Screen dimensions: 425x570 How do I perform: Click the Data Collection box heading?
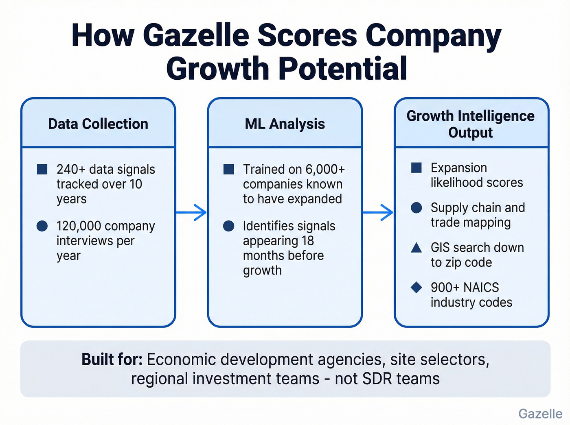(x=98, y=124)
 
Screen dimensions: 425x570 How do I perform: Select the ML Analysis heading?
(x=285, y=124)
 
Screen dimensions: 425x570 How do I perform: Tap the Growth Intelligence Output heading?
(x=471, y=124)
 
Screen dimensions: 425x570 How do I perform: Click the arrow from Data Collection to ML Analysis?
(x=191, y=212)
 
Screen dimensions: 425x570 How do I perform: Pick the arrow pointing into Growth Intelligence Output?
(x=378, y=212)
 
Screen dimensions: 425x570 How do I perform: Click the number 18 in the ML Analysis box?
(x=307, y=241)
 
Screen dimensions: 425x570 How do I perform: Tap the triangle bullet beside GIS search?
(x=416, y=247)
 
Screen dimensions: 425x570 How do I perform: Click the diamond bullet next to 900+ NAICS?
(x=416, y=288)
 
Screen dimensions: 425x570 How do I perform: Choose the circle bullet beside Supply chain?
(x=416, y=208)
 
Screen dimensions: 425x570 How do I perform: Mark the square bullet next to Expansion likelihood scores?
(x=416, y=168)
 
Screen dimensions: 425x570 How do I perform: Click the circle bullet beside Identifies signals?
(x=229, y=226)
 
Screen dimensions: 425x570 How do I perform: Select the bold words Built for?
(x=112, y=360)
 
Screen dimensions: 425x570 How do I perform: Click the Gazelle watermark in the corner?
(x=540, y=414)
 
